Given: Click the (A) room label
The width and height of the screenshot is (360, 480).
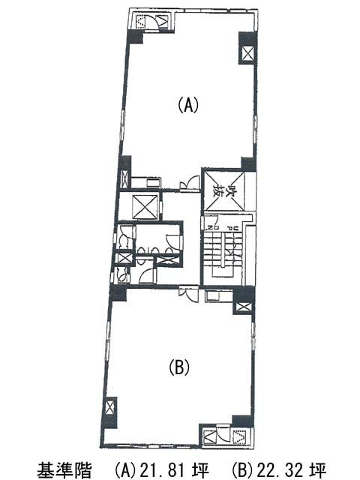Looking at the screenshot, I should point(187,106).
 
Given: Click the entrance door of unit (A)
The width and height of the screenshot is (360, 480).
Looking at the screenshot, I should point(190,181).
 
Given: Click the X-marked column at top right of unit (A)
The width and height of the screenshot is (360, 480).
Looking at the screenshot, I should point(247,53).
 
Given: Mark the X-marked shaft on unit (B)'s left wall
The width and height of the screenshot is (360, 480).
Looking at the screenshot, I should point(110,409).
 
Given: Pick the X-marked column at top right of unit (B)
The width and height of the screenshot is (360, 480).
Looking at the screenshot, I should point(243,305).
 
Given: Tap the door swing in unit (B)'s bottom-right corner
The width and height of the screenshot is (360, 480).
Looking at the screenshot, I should point(222,435).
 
